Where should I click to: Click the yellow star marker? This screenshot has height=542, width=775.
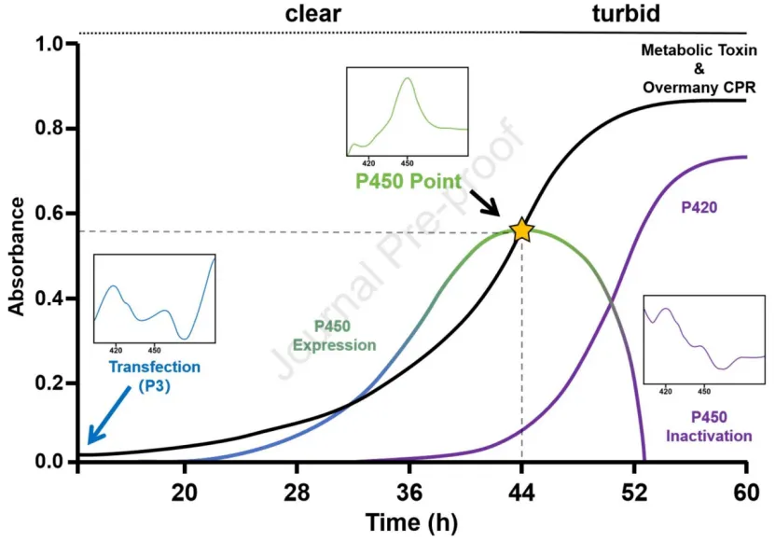(x=521, y=230)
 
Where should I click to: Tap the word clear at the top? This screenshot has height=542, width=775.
(x=312, y=13)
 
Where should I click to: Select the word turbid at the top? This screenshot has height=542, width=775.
(x=626, y=13)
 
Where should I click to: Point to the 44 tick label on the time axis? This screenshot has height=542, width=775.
(x=522, y=493)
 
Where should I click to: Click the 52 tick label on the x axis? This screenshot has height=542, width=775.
(x=634, y=493)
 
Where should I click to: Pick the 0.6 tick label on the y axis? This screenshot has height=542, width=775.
(x=49, y=213)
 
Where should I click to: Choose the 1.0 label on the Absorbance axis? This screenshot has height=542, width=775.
(x=49, y=44)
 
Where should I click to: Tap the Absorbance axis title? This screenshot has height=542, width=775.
(x=17, y=257)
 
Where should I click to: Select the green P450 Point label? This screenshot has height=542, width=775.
(x=408, y=181)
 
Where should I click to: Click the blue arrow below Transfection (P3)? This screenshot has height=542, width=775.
(x=109, y=415)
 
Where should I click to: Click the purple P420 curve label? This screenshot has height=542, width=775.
(x=699, y=207)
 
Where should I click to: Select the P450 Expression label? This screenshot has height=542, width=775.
(x=334, y=335)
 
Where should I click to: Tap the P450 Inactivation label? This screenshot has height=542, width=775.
(x=709, y=426)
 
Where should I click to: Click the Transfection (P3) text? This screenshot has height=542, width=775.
(x=154, y=376)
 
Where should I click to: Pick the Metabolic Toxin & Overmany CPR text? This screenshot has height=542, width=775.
(x=699, y=69)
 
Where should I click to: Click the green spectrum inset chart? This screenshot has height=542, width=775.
(x=408, y=112)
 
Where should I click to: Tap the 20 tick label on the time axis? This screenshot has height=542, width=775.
(x=185, y=493)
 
